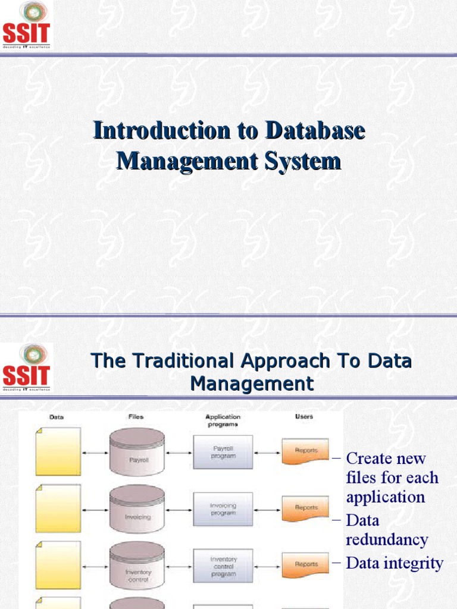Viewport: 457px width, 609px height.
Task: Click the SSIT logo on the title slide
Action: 27,26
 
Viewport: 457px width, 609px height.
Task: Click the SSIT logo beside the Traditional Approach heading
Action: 27,367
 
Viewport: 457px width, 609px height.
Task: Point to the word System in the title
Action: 305,161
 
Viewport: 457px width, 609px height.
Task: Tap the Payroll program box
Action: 223,452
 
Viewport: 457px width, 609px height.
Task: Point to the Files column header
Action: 136,417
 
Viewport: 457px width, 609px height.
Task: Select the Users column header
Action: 304,417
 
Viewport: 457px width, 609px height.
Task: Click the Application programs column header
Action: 223,420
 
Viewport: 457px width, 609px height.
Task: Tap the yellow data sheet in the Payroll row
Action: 58,451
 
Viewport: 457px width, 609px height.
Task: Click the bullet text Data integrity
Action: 395,563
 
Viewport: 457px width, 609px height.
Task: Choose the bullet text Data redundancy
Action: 387,530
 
